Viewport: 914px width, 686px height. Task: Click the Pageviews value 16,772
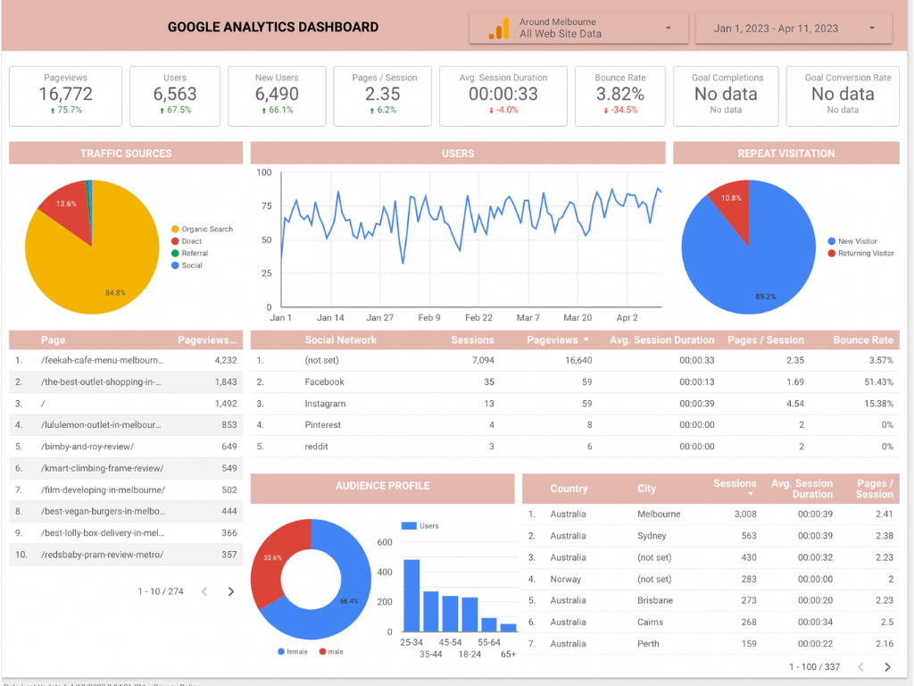(65, 94)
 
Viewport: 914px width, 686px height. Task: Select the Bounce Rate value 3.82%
(619, 94)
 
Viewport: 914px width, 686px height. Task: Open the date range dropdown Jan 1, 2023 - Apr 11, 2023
(794, 29)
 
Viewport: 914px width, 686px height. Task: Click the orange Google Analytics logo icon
(498, 29)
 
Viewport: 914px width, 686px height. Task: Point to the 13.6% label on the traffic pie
(66, 204)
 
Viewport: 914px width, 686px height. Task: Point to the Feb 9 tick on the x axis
(429, 318)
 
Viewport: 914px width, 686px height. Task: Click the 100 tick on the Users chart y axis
(264, 172)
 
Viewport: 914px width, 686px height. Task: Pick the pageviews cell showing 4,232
(225, 361)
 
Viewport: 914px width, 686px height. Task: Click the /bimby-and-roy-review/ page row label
(87, 447)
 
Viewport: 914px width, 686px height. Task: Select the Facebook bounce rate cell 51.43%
(876, 382)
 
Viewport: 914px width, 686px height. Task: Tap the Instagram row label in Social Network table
(324, 404)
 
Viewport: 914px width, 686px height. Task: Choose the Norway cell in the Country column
(566, 579)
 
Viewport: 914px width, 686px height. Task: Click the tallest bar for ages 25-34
(411, 595)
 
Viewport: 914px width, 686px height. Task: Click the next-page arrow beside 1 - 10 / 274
(231, 591)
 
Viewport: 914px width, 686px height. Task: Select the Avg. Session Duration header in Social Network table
(661, 340)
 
